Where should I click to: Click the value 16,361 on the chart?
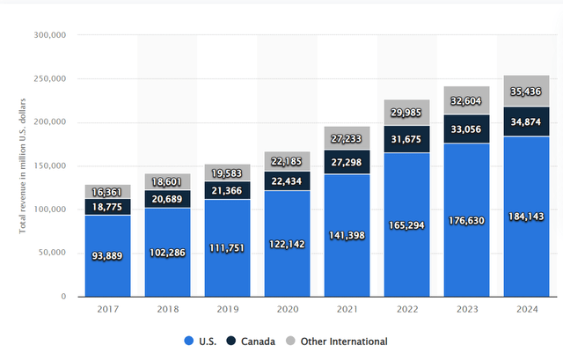(108, 191)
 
